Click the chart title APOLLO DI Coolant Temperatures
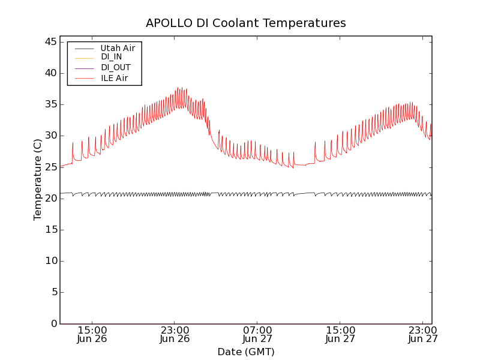point(246,23)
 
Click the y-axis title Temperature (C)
point(38,179)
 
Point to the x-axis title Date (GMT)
point(246,352)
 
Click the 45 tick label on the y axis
point(50,42)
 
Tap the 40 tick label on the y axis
point(50,73)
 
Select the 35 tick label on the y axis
point(50,104)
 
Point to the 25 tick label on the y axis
point(50,167)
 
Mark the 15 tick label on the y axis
point(50,230)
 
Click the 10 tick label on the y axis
point(50,261)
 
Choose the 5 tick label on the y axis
point(53,292)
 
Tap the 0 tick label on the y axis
point(53,323)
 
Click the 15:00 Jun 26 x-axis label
point(92,334)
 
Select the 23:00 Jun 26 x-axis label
point(175,334)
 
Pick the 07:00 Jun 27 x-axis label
point(257,334)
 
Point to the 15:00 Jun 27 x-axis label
point(340,334)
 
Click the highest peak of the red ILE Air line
point(178,88)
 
